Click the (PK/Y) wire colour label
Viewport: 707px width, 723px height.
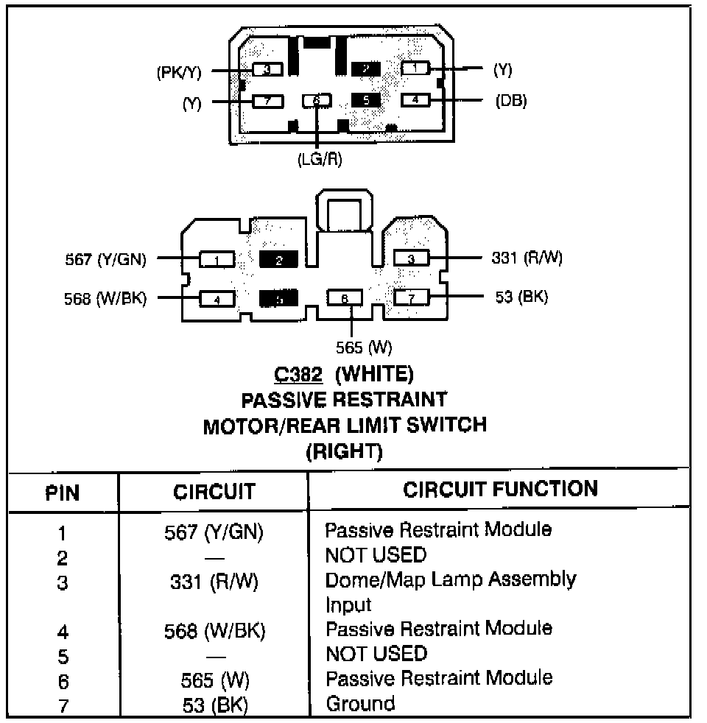point(179,71)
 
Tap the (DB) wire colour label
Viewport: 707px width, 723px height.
point(511,101)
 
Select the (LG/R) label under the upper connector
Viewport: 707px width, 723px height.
point(320,158)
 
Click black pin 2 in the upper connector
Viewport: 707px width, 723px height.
point(366,69)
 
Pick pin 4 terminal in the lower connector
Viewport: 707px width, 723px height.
point(217,299)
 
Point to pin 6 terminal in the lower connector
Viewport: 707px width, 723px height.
point(345,298)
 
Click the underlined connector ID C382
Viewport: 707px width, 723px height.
point(298,374)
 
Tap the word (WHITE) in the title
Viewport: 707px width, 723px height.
point(374,374)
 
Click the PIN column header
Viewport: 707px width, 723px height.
point(63,491)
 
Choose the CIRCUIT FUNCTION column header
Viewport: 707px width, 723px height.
point(500,489)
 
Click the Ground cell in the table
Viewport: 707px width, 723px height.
point(360,703)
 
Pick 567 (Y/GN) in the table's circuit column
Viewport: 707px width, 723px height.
point(214,532)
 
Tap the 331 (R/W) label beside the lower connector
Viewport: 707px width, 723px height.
point(527,258)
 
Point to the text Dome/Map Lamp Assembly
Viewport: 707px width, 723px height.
point(450,579)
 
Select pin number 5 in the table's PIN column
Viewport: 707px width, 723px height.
point(63,655)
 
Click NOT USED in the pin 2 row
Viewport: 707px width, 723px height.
point(376,554)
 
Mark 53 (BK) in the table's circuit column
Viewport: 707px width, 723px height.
point(214,705)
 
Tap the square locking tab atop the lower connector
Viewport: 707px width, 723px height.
point(343,214)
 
